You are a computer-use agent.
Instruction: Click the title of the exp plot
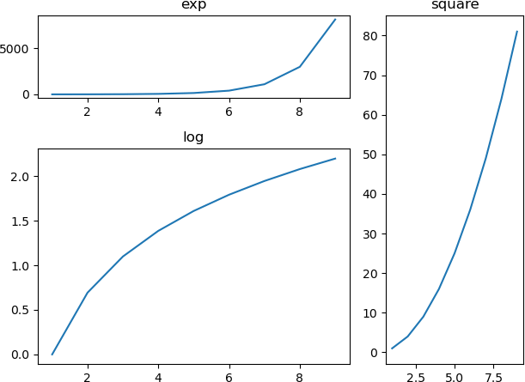[193, 5]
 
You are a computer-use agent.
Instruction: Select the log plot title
[193, 137]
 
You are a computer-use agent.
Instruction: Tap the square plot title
[455, 5]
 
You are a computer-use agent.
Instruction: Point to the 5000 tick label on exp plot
[17, 49]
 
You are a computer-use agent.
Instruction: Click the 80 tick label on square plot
[370, 36]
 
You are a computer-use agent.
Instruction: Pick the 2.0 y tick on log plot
[21, 177]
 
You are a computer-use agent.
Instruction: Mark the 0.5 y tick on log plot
[21, 311]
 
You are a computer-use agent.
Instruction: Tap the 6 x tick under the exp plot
[229, 112]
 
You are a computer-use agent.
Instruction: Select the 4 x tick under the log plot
[158, 376]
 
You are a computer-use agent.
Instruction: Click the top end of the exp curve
[335, 19]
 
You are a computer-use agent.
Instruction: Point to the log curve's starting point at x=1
[52, 355]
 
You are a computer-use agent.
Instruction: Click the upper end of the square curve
[517, 32]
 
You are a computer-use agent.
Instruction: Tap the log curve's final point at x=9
[335, 159]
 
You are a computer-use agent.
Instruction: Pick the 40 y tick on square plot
[370, 194]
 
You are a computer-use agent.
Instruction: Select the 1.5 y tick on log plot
[21, 221]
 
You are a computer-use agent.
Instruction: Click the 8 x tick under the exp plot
[299, 112]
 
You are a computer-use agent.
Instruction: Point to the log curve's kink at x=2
[88, 293]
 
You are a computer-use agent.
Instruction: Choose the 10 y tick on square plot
[370, 313]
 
